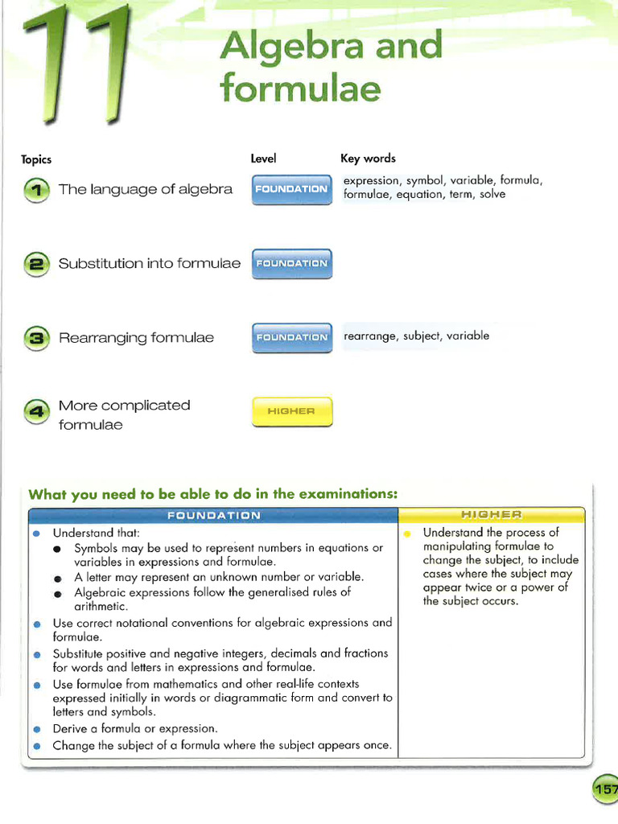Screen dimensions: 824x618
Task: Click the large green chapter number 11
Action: [76, 64]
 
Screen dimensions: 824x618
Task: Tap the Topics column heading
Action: [36, 159]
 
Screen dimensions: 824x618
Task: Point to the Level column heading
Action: [263, 159]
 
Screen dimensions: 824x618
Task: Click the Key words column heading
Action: [368, 159]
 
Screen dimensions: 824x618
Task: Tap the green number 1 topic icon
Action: [36, 191]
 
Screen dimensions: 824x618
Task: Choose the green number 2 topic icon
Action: [36, 265]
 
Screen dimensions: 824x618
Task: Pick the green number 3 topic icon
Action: [36, 338]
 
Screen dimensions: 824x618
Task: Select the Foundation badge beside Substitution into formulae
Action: [291, 263]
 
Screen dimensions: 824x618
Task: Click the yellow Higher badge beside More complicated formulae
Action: [291, 412]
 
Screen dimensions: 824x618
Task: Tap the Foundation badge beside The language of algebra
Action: [291, 189]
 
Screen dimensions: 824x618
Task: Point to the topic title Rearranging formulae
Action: [136, 338]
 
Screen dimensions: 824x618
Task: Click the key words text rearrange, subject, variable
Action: [416, 336]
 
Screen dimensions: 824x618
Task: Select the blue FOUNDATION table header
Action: [213, 515]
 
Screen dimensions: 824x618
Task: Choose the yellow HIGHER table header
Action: [491, 514]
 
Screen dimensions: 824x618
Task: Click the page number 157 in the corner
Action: [606, 790]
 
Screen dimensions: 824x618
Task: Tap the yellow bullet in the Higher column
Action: [407, 534]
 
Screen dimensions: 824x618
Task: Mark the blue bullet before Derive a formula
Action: [36, 729]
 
